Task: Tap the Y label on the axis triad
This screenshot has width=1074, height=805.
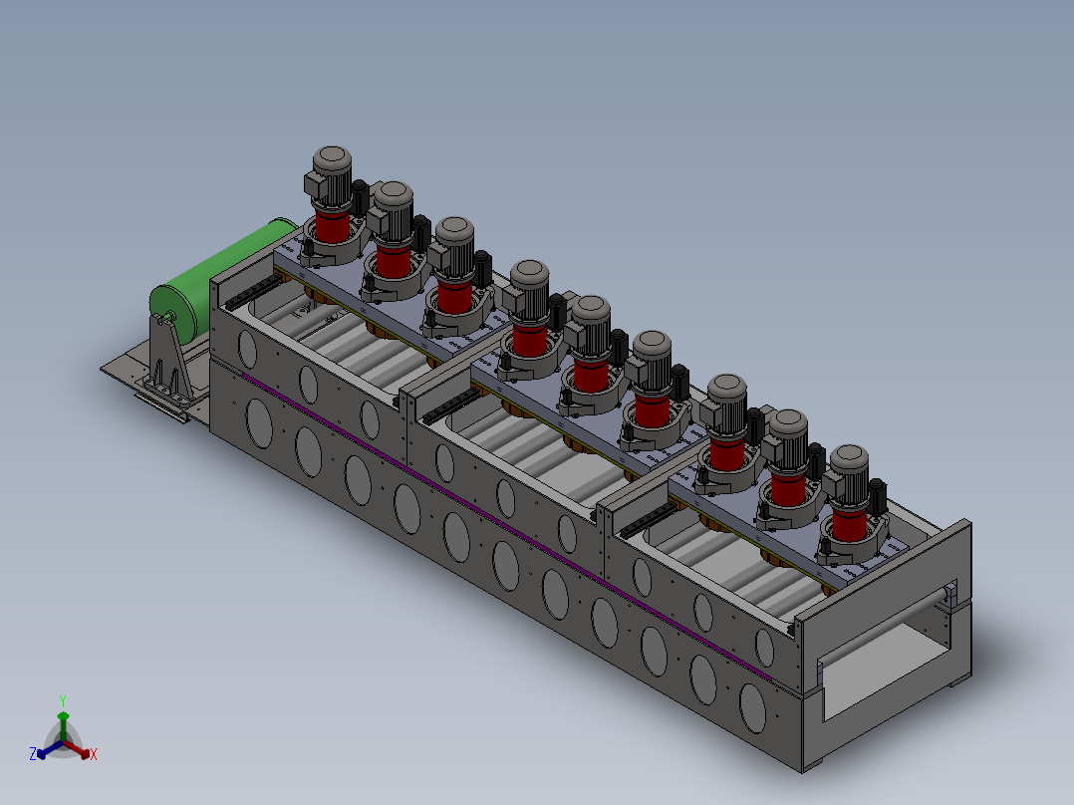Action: tap(63, 700)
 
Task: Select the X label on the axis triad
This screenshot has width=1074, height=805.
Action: tap(94, 754)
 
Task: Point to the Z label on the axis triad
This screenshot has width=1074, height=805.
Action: tap(33, 753)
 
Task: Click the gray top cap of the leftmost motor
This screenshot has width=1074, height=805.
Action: tap(332, 157)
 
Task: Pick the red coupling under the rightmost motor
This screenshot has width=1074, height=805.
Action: tap(850, 523)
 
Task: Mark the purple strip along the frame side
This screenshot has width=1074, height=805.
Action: tap(507, 526)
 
